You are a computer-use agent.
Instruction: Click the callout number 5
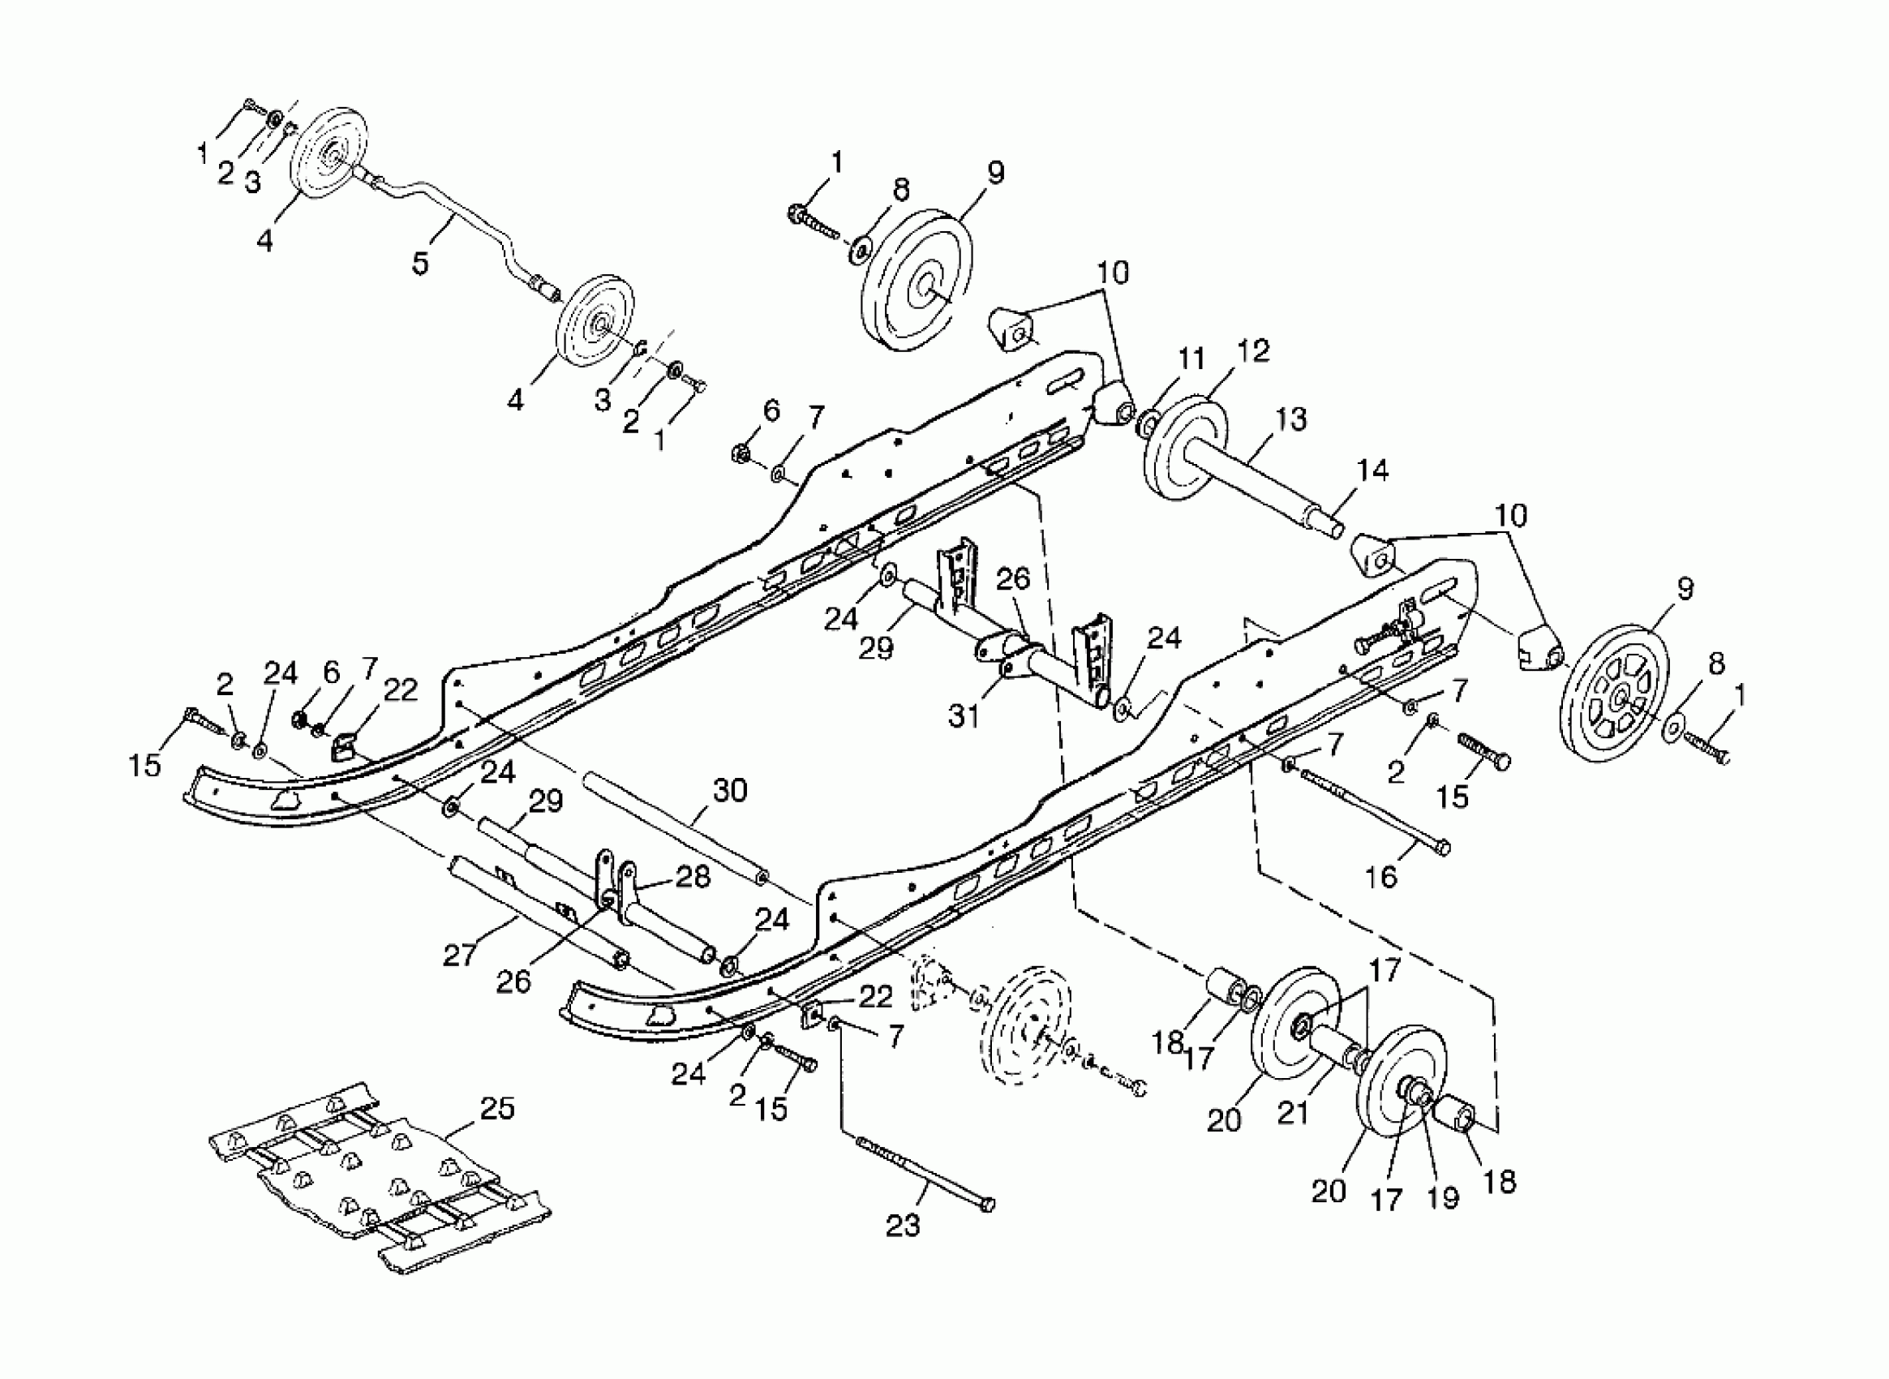tap(420, 262)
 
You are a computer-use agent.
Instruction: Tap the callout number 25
tap(497, 1109)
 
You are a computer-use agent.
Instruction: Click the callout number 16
tap(1380, 877)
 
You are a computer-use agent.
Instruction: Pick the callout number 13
tap(1290, 419)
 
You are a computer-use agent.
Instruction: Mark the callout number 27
tap(460, 953)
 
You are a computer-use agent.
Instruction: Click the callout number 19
tap(1443, 1197)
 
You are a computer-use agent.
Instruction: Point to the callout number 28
tap(693, 877)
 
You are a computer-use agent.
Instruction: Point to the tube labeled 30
tap(676, 823)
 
